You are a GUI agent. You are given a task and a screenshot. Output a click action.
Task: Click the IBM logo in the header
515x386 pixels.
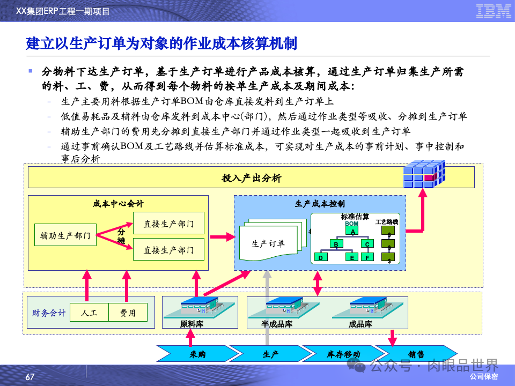494,11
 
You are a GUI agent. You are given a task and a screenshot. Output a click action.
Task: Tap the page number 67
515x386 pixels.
30,377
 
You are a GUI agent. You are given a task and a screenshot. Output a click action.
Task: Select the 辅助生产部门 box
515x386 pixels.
65,235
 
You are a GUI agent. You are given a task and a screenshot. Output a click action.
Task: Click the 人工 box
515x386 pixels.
89,313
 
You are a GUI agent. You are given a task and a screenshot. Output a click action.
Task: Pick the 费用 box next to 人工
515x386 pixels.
128,313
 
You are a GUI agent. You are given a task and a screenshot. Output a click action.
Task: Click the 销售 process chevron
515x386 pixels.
415,354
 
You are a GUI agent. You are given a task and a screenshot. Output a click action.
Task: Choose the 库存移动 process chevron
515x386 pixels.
343,354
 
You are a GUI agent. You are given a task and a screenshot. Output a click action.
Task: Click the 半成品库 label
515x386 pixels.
277,324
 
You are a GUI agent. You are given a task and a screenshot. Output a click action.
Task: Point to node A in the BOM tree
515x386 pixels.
352,231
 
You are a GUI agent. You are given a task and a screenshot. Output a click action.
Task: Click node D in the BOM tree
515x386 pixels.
321,257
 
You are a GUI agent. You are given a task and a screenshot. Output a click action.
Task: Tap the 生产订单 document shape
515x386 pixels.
268,244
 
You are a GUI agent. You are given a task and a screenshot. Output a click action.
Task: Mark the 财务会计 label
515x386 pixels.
49,313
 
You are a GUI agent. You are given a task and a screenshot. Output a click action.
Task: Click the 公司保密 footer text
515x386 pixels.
483,377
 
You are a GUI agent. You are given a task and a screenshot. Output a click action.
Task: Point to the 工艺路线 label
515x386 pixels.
390,221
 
